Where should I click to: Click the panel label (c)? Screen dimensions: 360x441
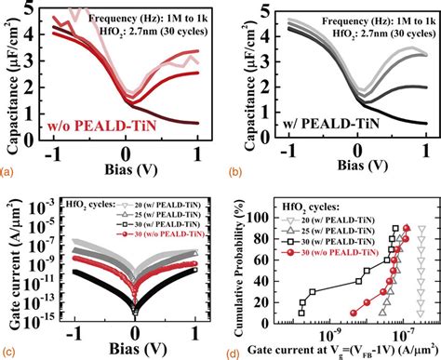pyautogui.click(x=8, y=351)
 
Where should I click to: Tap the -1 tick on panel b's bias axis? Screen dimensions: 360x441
pyautogui.click(x=290, y=153)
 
